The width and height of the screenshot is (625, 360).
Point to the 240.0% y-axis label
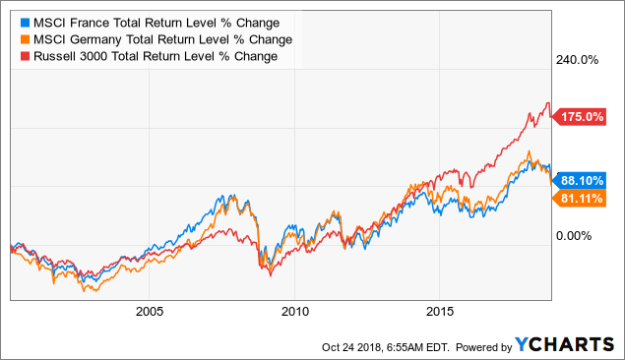pyautogui.click(x=578, y=59)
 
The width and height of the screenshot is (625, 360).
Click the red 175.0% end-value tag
pyautogui.click(x=580, y=116)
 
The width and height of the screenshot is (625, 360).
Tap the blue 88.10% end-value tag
pyautogui.click(x=582, y=180)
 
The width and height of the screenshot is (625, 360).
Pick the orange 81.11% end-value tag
pyautogui.click(x=582, y=200)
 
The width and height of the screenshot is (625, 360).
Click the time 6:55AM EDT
pyautogui.click(x=410, y=346)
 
